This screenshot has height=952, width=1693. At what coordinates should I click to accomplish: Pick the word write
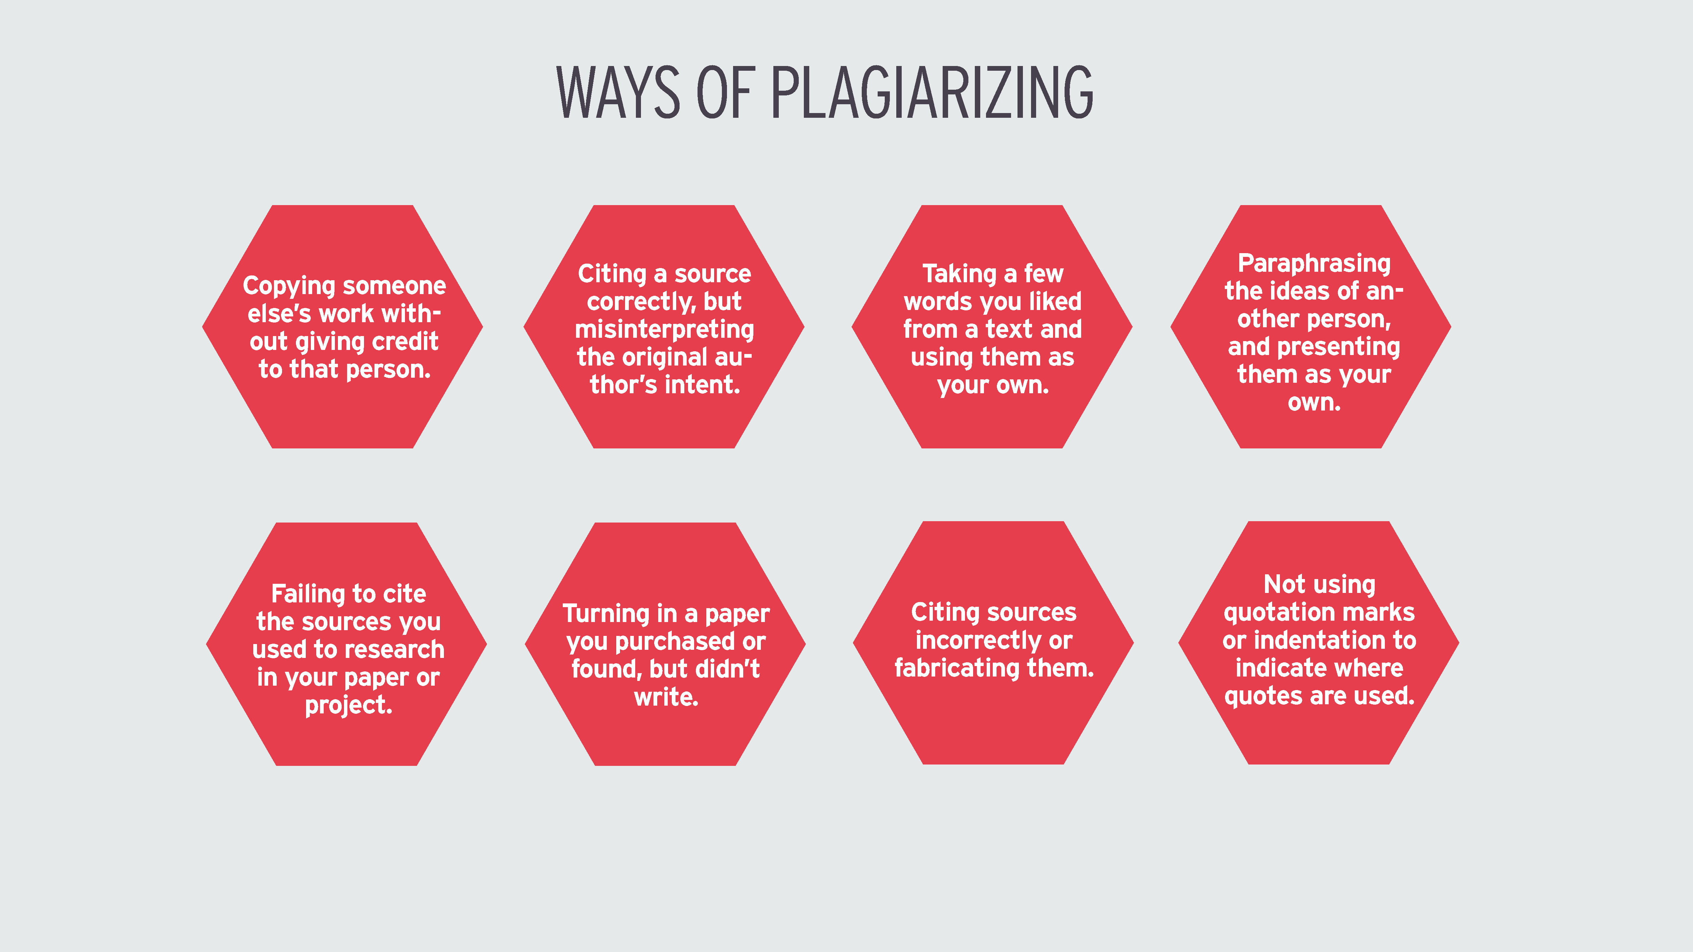[x=666, y=696]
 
